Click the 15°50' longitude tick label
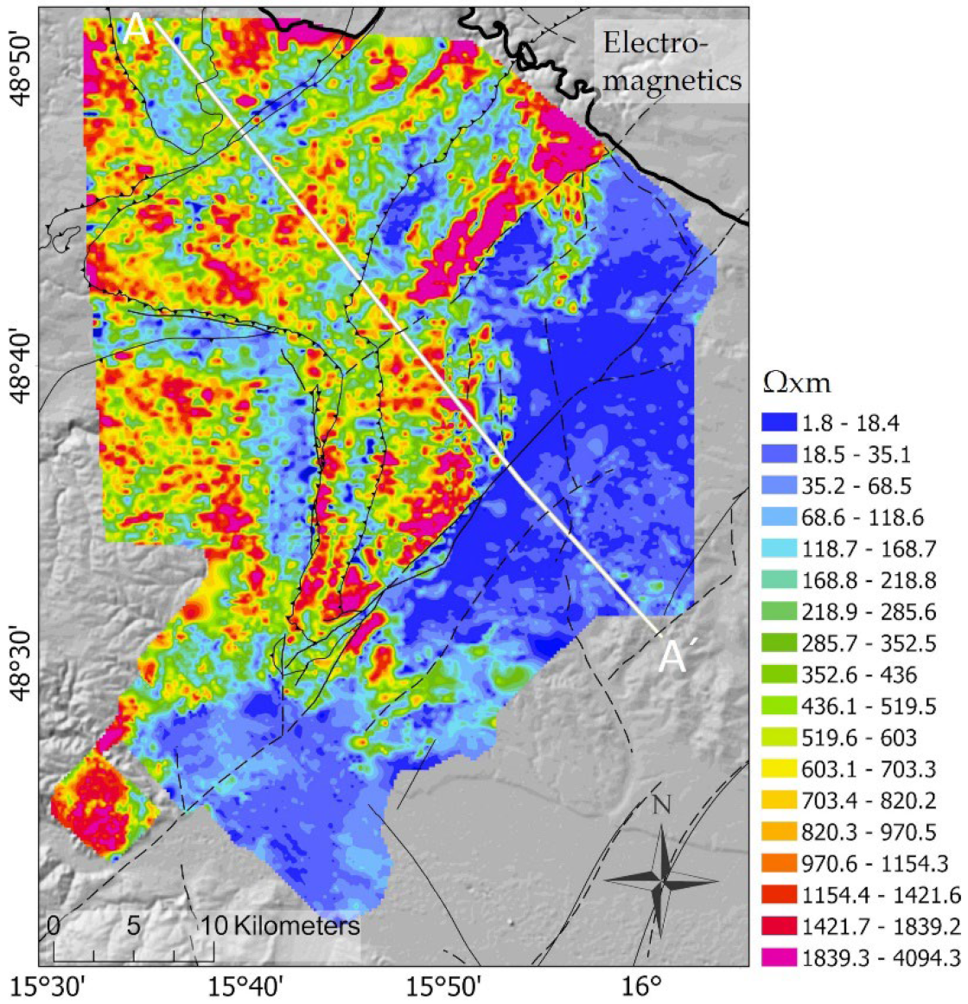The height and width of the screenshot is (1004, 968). coord(444,988)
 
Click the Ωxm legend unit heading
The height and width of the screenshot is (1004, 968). coord(796,383)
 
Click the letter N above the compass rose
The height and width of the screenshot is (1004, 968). coord(661,806)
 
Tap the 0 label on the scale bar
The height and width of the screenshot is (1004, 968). coord(54,925)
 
